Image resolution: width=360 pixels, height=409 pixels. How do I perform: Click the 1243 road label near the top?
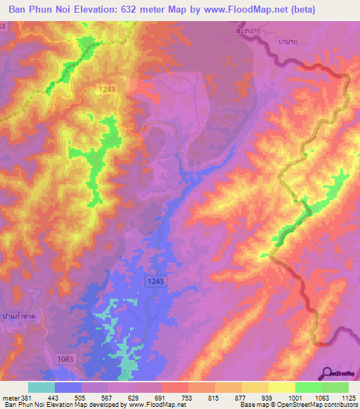108,89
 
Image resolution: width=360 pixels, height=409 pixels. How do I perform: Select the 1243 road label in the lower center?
157,280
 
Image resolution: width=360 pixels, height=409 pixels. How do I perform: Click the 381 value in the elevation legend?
27,396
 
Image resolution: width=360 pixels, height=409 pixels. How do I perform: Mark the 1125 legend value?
349,396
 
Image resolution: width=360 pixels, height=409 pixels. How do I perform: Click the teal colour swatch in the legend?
41,387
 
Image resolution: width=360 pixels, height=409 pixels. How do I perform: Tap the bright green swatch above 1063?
308,387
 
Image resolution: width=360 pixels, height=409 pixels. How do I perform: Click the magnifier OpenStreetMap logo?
328,373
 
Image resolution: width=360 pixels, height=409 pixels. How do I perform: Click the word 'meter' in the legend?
10,396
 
